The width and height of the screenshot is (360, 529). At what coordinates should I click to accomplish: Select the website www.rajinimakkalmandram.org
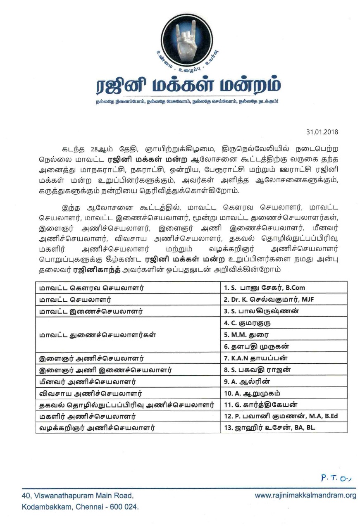305,496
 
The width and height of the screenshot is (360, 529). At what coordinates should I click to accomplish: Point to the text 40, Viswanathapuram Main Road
78,496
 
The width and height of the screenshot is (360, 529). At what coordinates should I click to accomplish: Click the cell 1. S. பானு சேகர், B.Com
258,288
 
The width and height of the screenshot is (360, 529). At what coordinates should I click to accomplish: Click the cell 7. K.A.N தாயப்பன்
255,358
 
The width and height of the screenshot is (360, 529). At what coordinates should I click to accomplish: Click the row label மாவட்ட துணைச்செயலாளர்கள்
94,334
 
